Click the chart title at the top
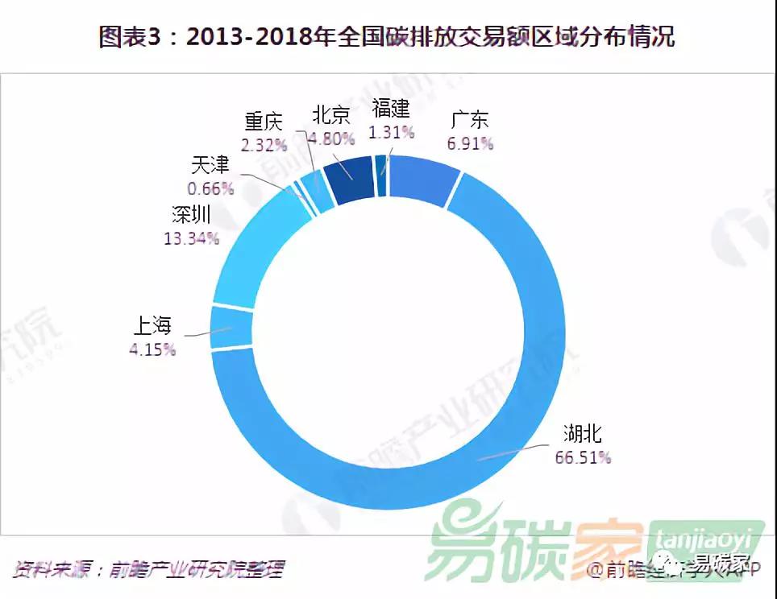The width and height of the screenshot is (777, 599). click(387, 37)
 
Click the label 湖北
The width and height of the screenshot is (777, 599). click(582, 435)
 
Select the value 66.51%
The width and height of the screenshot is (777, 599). click(583, 457)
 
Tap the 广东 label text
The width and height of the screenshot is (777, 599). click(470, 122)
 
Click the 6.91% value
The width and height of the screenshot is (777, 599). click(470, 144)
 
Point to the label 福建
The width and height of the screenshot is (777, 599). click(391, 109)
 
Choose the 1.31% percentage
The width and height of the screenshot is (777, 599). click(391, 131)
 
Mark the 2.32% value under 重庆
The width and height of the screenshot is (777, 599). click(264, 145)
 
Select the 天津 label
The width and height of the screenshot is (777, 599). click(210, 166)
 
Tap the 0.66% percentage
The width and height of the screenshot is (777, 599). click(210, 188)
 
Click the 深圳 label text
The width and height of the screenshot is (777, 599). click(191, 215)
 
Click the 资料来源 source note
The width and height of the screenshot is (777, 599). click(149, 569)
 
